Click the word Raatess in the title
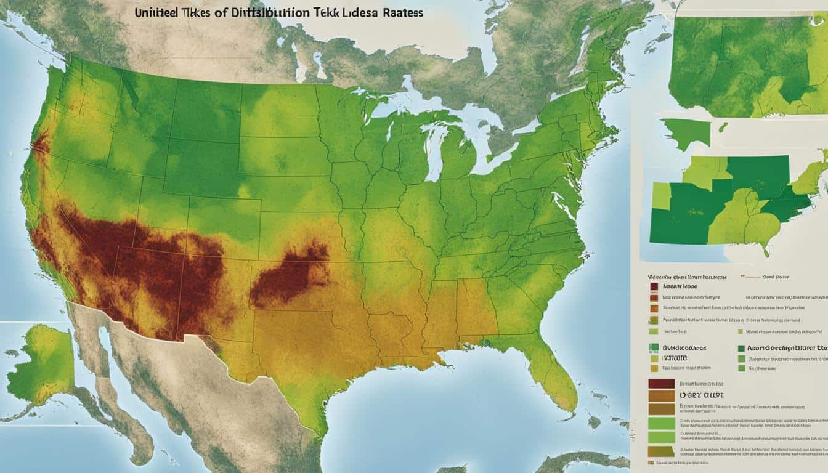[400, 12]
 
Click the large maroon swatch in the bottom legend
[662, 383]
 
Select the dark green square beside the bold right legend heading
[741, 348]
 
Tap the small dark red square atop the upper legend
[654, 286]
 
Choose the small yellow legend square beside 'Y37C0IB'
[654, 358]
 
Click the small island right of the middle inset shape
[723, 127]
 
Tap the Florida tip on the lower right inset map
[766, 249]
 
